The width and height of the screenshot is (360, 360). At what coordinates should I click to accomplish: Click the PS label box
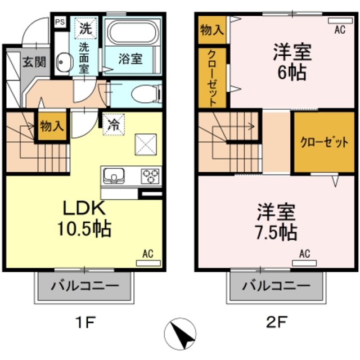pyautogui.click(x=59, y=22)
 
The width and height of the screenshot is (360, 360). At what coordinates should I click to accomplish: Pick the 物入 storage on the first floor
pyautogui.click(x=51, y=125)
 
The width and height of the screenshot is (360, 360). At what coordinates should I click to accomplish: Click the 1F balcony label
pyautogui.click(x=85, y=286)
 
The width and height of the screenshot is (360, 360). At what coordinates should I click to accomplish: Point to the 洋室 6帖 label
pyautogui.click(x=291, y=61)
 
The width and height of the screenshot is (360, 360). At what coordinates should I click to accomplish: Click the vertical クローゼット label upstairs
pyautogui.click(x=213, y=78)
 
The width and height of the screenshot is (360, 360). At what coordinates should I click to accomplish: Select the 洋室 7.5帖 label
pyautogui.click(x=276, y=222)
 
